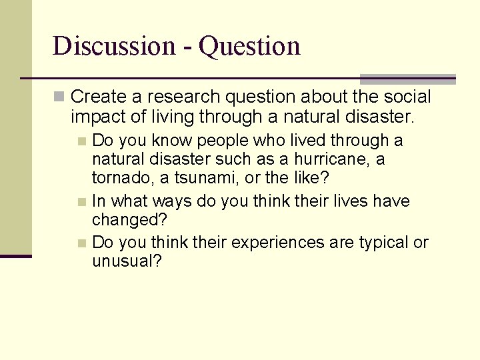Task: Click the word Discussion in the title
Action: point(113,46)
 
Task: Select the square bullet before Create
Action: point(59,97)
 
